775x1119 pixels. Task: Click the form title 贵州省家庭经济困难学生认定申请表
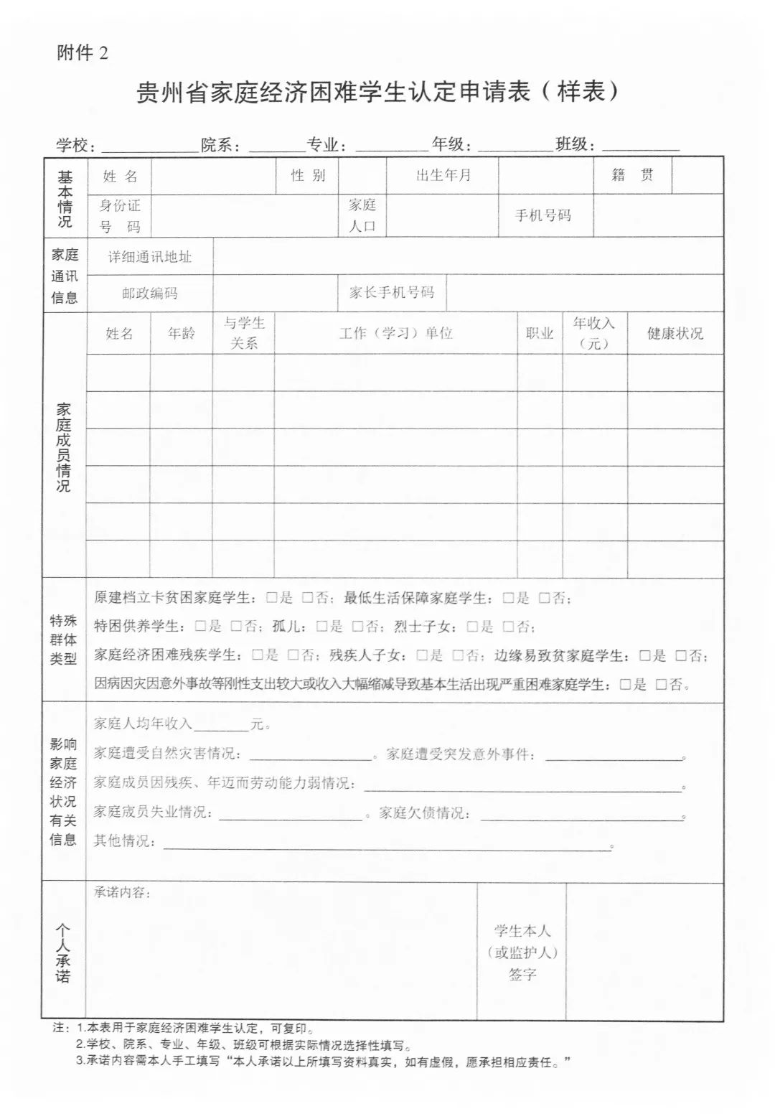tap(377, 93)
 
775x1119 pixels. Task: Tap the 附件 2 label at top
tap(83, 53)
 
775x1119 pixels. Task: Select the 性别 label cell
tap(308, 176)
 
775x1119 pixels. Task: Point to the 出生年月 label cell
tap(443, 176)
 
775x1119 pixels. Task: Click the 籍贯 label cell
tap(632, 175)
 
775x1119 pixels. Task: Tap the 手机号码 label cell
tap(543, 215)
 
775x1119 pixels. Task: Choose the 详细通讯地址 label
tap(150, 257)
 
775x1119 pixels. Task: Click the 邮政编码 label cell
tap(149, 293)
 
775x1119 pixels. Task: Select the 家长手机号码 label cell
tap(392, 293)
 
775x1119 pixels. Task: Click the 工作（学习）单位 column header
tap(395, 334)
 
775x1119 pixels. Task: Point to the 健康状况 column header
tap(675, 334)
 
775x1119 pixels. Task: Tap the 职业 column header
tap(540, 334)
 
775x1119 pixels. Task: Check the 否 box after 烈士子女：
tap(508, 627)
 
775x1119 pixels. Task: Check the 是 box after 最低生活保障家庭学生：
tap(508, 598)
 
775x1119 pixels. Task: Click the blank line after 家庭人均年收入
tap(221, 725)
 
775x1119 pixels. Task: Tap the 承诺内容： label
tap(122, 893)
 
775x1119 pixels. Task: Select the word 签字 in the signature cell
tap(522, 975)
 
